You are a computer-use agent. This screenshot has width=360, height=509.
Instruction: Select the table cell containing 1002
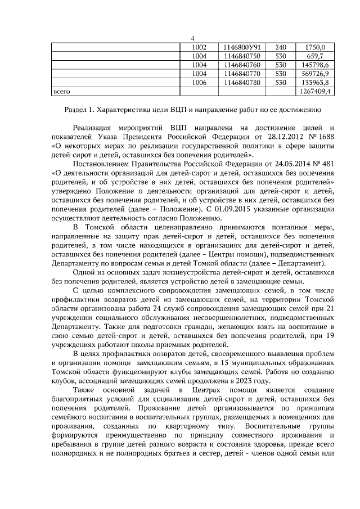(199, 47)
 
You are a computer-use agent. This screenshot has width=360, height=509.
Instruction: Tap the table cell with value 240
(281, 47)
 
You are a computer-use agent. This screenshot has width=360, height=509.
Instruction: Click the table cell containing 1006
(199, 82)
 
